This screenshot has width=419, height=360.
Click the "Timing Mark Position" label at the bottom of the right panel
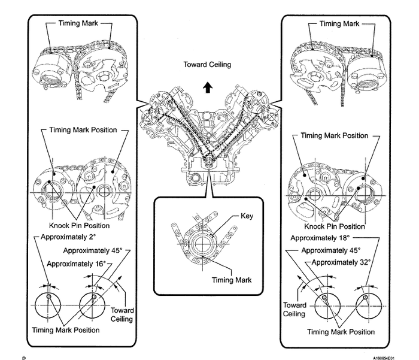click(x=337, y=331)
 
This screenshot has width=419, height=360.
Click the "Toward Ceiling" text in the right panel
click(x=294, y=308)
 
